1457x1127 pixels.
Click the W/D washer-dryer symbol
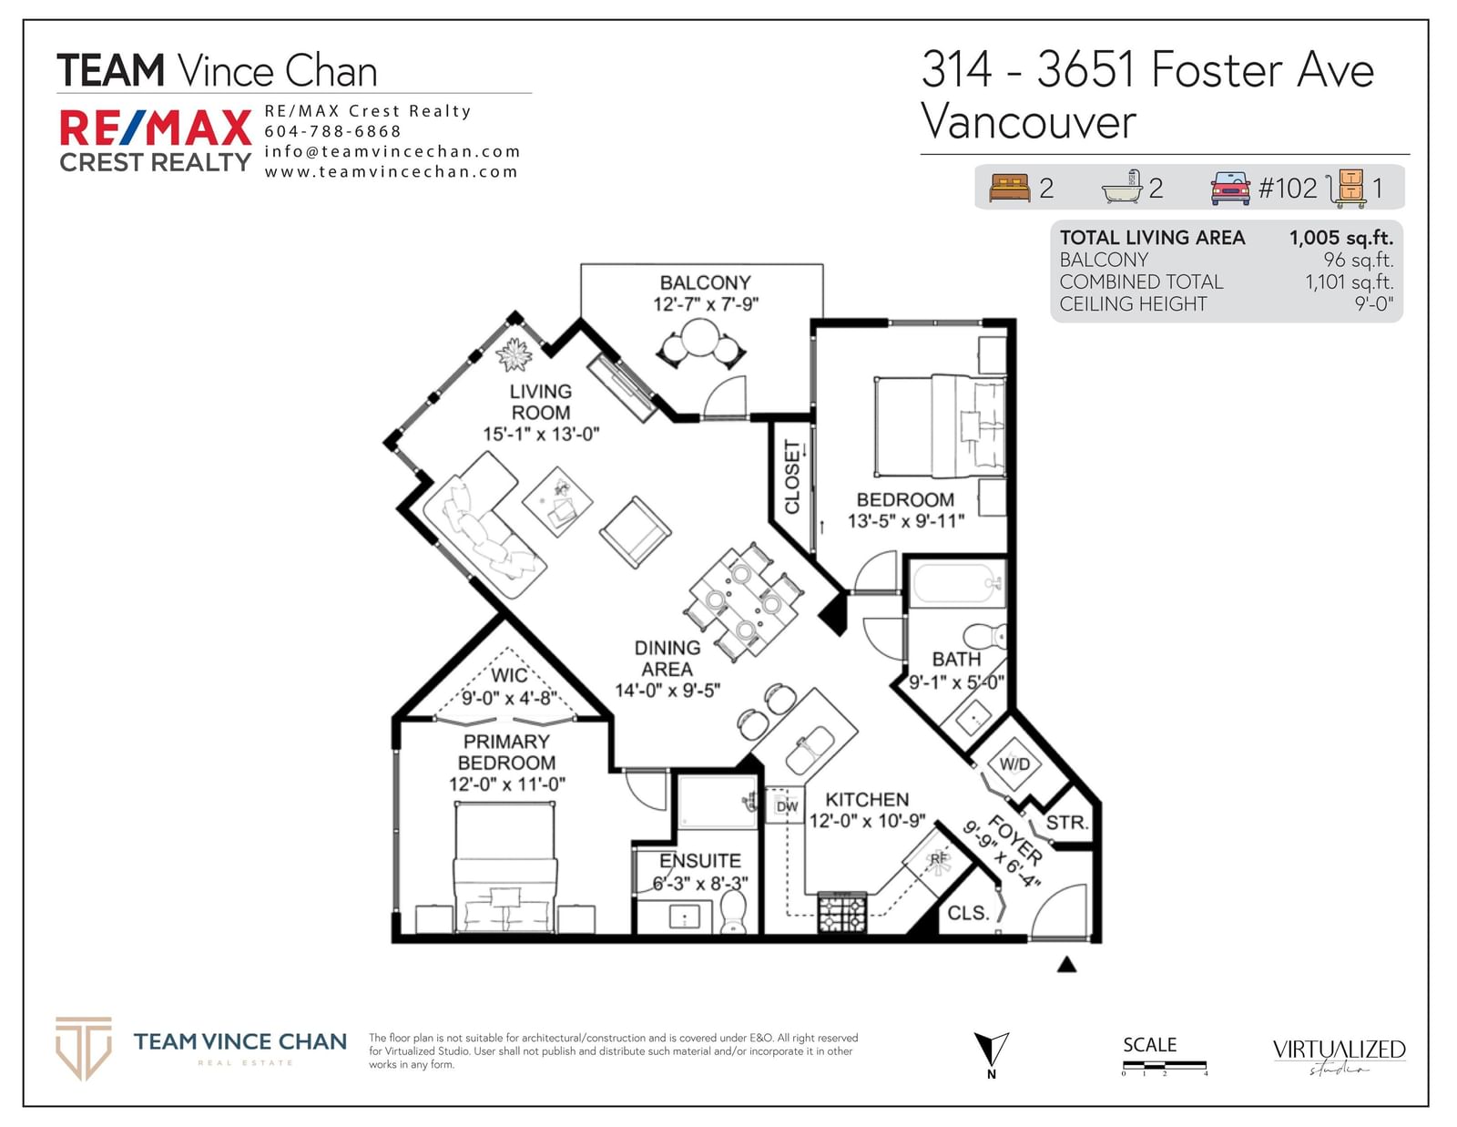point(1014,763)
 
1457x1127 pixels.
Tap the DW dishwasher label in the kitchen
point(787,806)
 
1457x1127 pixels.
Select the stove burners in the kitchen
point(842,912)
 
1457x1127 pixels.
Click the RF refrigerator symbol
point(938,862)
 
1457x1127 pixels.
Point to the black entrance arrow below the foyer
point(1066,965)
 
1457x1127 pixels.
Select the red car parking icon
point(1230,188)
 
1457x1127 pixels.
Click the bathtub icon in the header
point(1122,187)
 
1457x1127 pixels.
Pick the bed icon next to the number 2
point(1010,187)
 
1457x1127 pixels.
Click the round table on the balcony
point(700,337)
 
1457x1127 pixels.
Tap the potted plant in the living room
point(514,354)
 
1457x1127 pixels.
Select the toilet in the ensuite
point(733,912)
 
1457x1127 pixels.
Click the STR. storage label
point(1066,823)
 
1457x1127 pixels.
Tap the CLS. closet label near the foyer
point(968,913)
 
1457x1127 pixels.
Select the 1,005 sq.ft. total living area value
point(1341,238)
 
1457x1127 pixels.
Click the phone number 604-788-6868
point(332,131)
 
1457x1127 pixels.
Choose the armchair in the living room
point(635,533)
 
